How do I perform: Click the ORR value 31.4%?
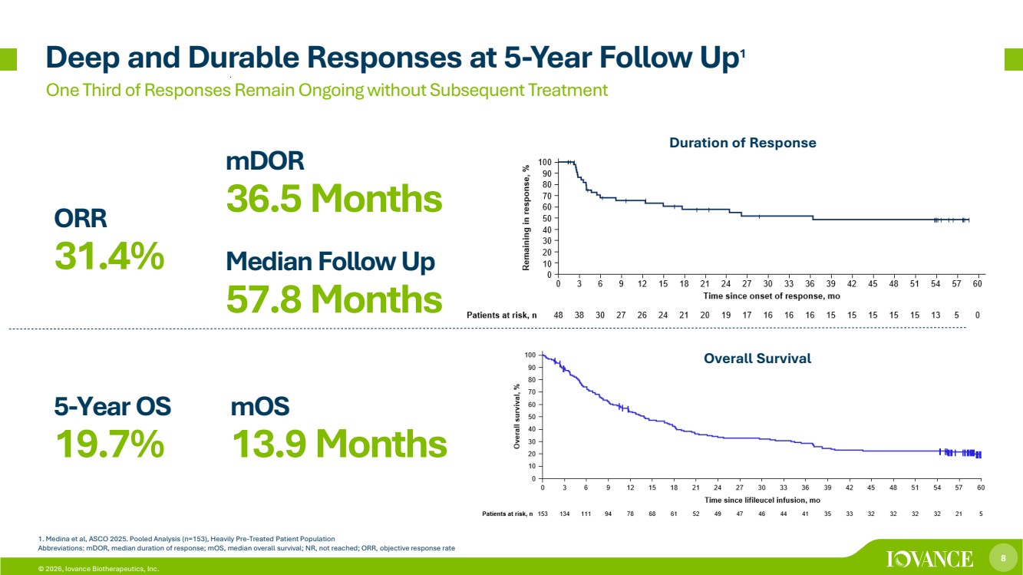109,256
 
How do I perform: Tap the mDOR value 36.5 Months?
335,199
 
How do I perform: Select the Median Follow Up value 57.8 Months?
335,299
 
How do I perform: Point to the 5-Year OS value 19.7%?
110,444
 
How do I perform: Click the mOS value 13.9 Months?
339,444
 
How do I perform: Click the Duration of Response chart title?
743,143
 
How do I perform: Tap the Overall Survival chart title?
757,358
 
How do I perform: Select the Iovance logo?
929,559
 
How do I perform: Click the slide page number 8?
1003,558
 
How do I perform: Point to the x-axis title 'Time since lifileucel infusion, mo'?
762,500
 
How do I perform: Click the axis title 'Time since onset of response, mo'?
771,296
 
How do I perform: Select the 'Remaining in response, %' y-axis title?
526,217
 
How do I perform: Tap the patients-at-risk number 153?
543,514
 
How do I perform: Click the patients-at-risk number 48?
558,315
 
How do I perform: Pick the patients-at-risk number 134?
565,514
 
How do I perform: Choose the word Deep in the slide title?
83,58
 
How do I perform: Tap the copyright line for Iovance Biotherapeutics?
99,569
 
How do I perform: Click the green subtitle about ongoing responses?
326,90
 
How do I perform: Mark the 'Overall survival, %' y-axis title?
517,416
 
